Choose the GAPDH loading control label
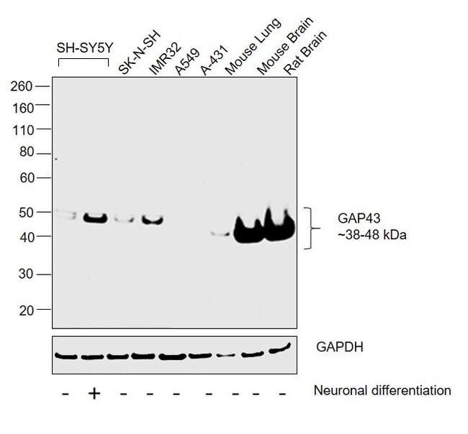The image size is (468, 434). point(338,347)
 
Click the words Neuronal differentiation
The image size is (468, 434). point(382,390)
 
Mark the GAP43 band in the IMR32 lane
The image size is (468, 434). point(151,219)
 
